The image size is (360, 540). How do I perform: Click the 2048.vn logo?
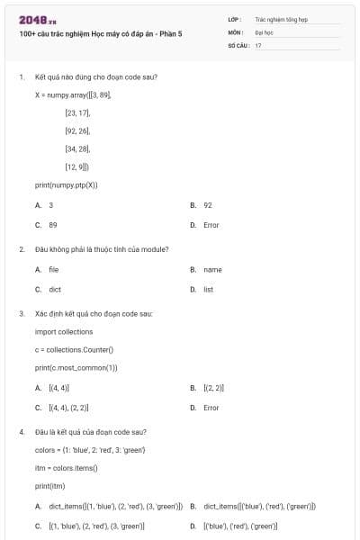coord(32,20)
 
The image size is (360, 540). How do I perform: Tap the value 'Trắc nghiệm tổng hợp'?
coord(280,18)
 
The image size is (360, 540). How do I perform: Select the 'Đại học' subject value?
coord(264,31)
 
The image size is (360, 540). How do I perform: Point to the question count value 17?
coord(258,43)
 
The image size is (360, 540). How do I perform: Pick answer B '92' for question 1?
coord(207,205)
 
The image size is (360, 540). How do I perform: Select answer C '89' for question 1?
coord(52,225)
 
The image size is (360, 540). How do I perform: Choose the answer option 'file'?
coord(53,270)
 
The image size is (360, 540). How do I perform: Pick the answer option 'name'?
coord(211,270)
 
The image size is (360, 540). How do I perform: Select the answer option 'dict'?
coord(54,290)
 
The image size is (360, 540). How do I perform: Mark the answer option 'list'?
coord(208,290)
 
